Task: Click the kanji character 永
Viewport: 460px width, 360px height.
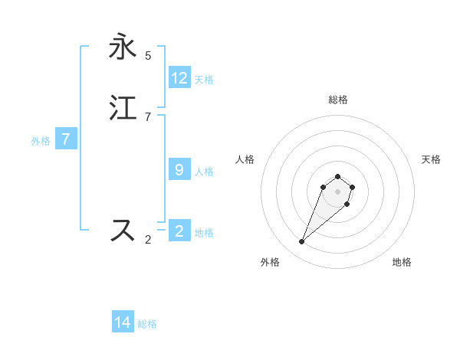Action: [x=123, y=47]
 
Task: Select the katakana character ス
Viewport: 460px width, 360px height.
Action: [x=123, y=230]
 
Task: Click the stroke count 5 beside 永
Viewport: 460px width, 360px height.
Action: [x=148, y=56]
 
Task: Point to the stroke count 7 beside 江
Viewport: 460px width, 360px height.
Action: [x=148, y=116]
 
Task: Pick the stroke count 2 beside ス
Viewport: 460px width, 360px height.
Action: [x=148, y=240]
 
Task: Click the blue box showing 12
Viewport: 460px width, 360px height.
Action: [x=179, y=78]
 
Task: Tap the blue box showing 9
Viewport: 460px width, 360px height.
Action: [x=179, y=170]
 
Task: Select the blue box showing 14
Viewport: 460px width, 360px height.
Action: [x=123, y=322]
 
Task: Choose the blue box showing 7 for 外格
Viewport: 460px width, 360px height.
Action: [x=66, y=139]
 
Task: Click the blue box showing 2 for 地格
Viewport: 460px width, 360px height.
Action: [x=179, y=231]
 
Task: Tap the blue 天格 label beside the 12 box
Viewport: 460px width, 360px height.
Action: [x=204, y=80]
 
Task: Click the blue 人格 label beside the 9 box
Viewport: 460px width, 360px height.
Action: [x=204, y=172]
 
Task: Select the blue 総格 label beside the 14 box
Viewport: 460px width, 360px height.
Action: [x=147, y=324]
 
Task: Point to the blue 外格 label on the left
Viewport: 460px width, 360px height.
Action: [x=41, y=141]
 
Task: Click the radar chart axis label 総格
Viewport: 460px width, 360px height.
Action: [x=337, y=100]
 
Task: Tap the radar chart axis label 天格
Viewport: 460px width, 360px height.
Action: [x=431, y=159]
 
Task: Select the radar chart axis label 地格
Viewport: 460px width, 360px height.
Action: [x=402, y=262]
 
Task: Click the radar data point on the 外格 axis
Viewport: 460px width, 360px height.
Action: [x=302, y=242]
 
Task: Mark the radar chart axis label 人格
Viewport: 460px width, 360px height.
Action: [x=245, y=159]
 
